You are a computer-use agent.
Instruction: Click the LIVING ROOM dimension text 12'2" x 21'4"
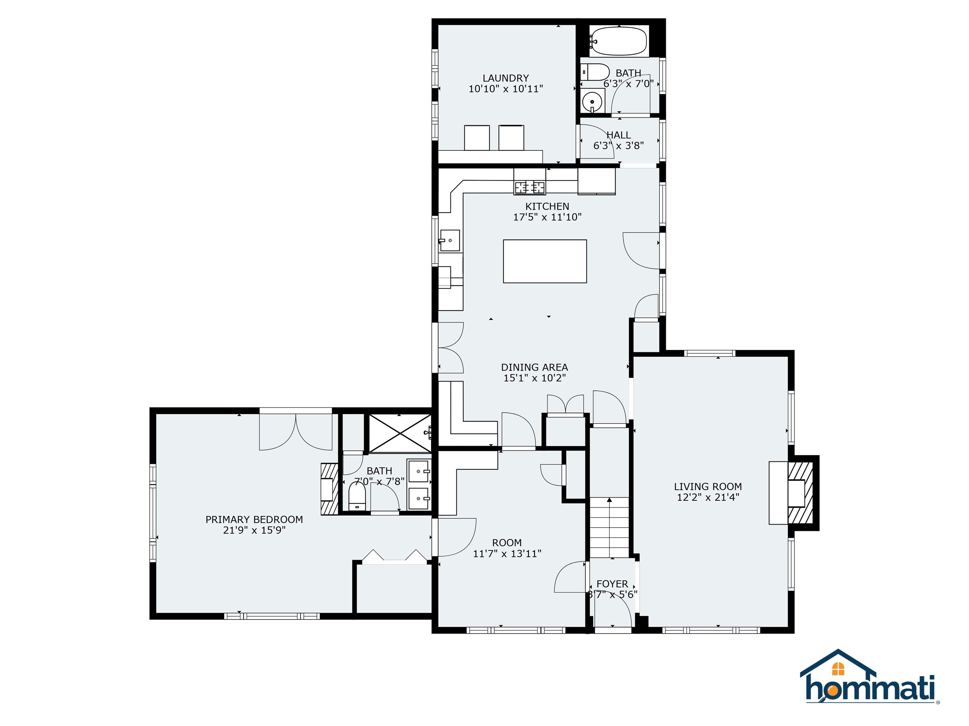pos(708,497)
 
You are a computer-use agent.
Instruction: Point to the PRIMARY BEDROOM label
pos(254,519)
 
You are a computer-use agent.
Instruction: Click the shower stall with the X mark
pos(399,433)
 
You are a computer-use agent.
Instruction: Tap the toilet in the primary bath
pos(357,497)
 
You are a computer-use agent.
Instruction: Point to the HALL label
pos(619,135)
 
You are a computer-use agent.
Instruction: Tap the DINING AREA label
pos(534,367)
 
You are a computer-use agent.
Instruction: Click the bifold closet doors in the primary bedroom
pos(395,556)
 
